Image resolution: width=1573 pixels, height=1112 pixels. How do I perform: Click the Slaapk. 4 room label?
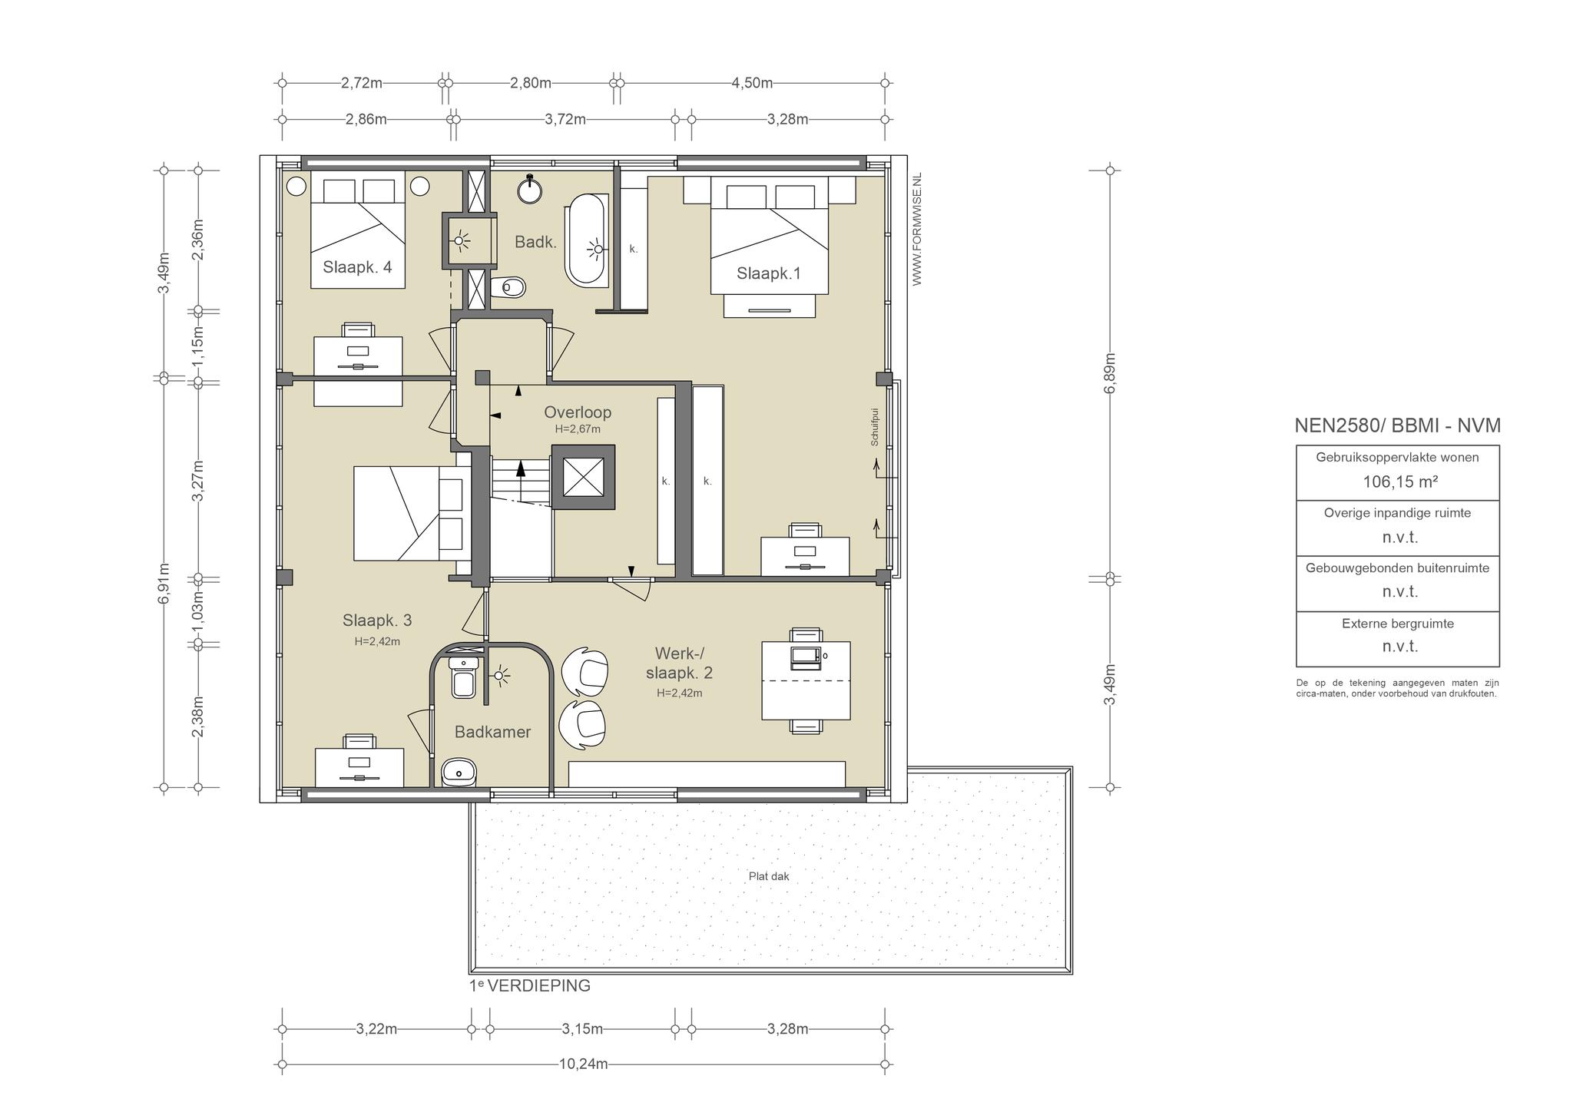point(357,267)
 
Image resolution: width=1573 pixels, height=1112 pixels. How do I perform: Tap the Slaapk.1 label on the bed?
point(769,273)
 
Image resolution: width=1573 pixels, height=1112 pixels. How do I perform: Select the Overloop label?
point(578,412)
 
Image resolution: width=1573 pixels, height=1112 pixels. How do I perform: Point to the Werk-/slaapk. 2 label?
point(680,663)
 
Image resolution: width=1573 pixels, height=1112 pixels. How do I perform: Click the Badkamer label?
point(492,732)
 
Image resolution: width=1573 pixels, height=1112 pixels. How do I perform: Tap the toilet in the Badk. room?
point(508,288)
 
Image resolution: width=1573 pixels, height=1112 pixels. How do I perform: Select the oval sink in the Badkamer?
point(459,772)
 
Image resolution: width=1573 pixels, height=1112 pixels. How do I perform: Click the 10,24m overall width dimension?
point(584,1064)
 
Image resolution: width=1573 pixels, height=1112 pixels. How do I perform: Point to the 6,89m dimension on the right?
point(1110,373)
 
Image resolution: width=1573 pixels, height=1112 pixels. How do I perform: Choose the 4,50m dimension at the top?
point(752,83)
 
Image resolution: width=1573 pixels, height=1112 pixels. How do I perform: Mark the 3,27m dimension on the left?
point(198,480)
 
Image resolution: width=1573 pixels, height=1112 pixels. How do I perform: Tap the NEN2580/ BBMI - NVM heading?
point(1398,425)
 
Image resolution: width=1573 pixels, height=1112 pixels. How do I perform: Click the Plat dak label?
point(769,876)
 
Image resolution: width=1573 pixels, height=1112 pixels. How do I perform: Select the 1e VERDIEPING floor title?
point(530,986)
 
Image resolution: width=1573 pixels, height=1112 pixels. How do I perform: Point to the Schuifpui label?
point(874,427)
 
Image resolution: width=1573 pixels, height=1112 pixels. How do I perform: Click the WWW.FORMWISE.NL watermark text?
point(916,230)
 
